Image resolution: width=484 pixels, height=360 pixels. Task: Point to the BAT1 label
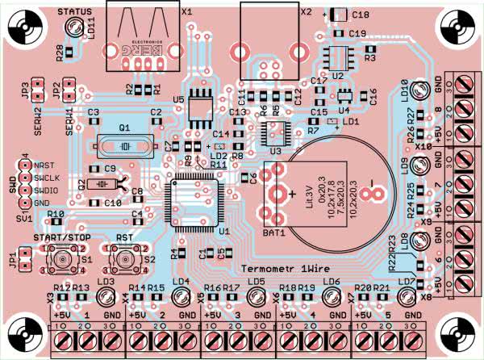273,233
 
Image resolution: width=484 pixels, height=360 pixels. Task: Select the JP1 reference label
11,259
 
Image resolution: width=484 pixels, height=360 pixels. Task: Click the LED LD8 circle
419,241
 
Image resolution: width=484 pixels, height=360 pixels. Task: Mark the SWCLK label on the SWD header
46,177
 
